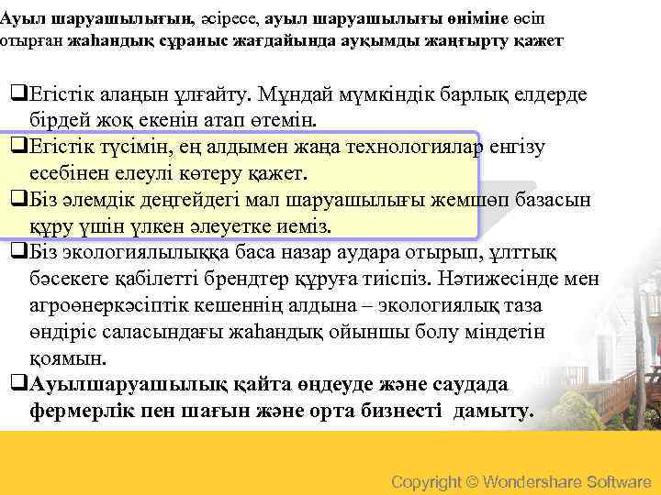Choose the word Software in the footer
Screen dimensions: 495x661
tap(620, 482)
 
